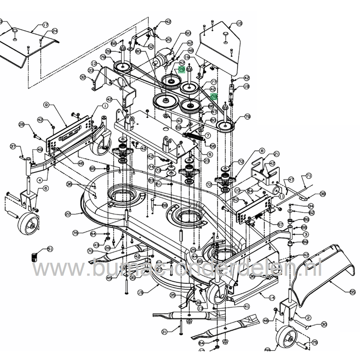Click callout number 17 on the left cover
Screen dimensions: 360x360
[45, 25]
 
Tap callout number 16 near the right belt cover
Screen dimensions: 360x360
[239, 24]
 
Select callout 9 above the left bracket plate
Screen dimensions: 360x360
[46, 105]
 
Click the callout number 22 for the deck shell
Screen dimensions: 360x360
[67, 213]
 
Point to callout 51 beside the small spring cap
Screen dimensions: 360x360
[50, 249]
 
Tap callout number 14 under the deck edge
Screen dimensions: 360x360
[272, 297]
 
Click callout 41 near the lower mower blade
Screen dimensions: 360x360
[246, 307]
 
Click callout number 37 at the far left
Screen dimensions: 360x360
[13, 146]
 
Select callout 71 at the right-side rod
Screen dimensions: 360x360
[309, 176]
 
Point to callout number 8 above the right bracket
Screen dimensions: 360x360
[262, 151]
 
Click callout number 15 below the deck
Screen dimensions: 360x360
[140, 293]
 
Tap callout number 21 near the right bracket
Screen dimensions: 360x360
[277, 154]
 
